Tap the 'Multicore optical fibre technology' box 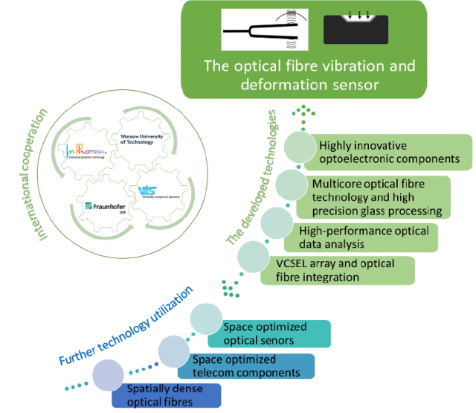tap(376, 196)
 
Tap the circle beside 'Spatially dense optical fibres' tap(107, 374)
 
